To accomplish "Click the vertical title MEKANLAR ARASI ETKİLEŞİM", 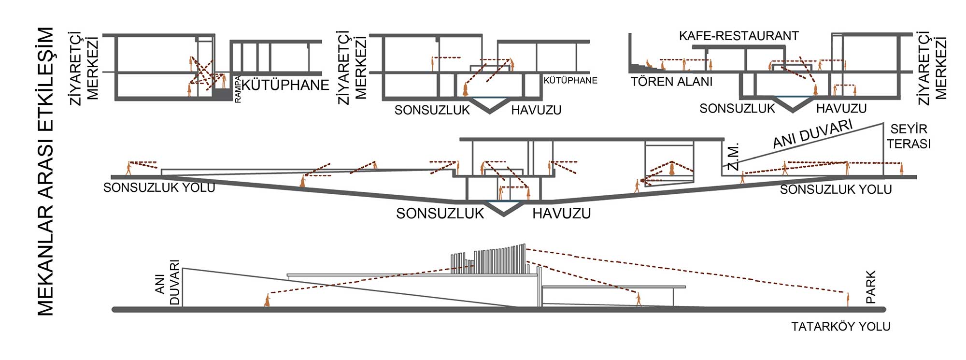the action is tap(46, 172).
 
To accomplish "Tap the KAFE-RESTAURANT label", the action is tap(739, 36).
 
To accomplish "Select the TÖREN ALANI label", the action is tap(671, 82).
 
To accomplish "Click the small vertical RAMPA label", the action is tap(238, 89).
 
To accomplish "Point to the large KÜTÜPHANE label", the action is tap(285, 85).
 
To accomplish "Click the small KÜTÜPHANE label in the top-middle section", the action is tap(570, 81).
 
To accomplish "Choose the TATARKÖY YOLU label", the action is tap(840, 327).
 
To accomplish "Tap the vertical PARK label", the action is tap(870, 287).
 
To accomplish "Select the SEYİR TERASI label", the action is tap(909, 136).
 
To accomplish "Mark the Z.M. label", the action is tap(733, 157).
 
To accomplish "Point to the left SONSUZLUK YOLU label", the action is tap(159, 187).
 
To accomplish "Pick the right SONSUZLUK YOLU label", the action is tap(836, 189).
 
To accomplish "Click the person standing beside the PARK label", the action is tap(848, 299).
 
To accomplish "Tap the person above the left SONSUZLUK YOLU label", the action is tap(128, 168).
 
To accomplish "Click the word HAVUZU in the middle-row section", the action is tap(562, 214).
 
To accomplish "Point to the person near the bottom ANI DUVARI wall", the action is tap(267, 300).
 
